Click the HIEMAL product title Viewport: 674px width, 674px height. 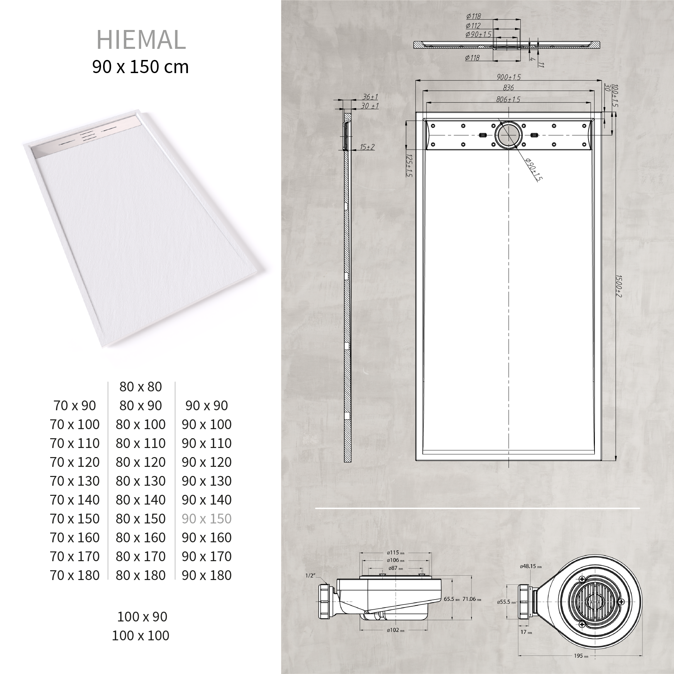click(x=141, y=40)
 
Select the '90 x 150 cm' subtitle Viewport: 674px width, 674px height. click(x=140, y=67)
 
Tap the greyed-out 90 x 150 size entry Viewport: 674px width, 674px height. click(x=206, y=519)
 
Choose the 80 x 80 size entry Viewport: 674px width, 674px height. click(x=140, y=387)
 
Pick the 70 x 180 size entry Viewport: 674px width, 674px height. click(x=75, y=575)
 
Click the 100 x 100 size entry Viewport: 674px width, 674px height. click(x=140, y=635)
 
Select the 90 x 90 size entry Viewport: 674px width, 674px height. click(x=206, y=406)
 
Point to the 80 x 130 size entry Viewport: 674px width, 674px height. click(x=140, y=481)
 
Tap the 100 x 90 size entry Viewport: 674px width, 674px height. click(x=142, y=616)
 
